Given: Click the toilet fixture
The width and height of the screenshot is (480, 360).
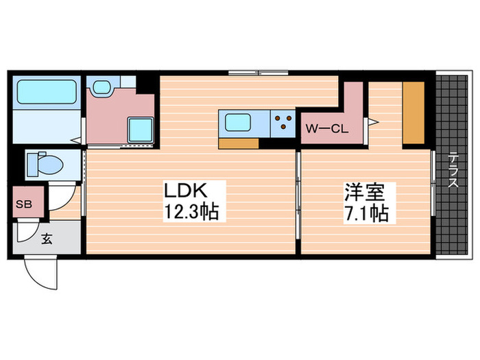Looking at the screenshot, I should point(45,165).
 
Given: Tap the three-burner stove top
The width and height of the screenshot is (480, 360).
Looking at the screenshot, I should point(282,123).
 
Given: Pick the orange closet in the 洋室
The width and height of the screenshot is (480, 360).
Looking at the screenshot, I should point(413,112).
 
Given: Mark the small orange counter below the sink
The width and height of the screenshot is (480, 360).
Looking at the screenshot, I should point(239,143).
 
